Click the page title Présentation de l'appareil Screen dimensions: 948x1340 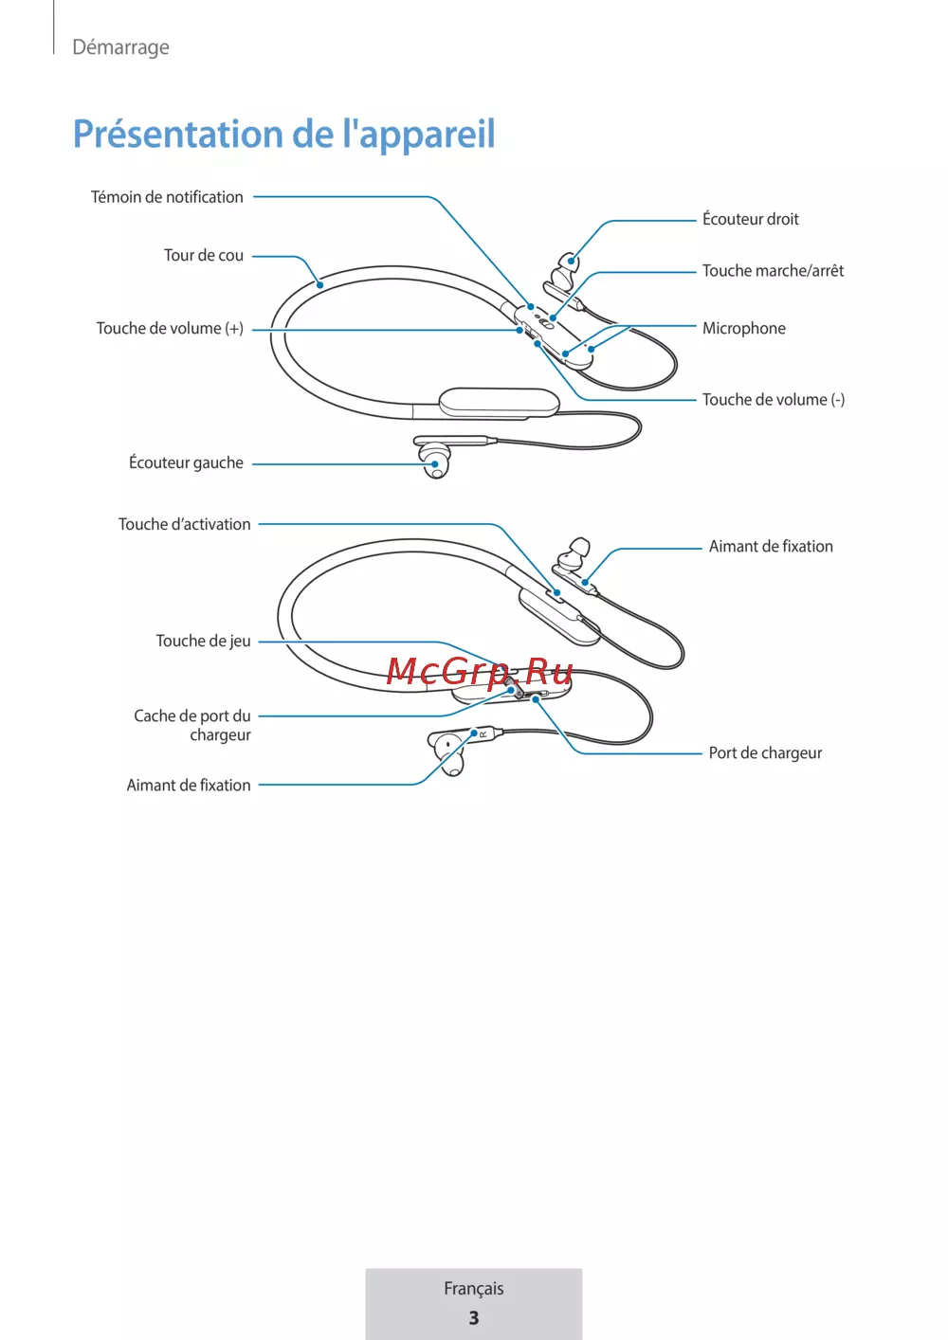(283, 134)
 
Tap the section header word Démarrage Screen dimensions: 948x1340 (121, 47)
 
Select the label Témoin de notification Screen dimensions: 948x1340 (167, 197)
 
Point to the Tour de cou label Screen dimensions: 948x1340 (204, 256)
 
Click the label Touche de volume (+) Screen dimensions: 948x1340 (170, 329)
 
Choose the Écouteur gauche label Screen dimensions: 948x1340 (186, 462)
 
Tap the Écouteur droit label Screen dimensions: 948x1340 (751, 218)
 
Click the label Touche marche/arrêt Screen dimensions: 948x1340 (773, 270)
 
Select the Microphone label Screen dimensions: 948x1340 (744, 329)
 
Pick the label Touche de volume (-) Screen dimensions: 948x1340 (774, 400)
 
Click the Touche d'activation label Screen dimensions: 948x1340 (184, 524)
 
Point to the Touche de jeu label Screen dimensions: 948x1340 (204, 641)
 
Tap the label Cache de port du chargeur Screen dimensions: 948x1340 (192, 725)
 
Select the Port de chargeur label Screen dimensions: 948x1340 (765, 752)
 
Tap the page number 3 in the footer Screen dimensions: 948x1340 (473, 1318)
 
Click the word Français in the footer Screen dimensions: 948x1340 (473, 1288)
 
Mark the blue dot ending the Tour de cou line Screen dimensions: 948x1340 (320, 284)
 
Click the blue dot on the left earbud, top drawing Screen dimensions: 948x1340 (435, 464)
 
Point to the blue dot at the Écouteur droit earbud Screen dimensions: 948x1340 (572, 261)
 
